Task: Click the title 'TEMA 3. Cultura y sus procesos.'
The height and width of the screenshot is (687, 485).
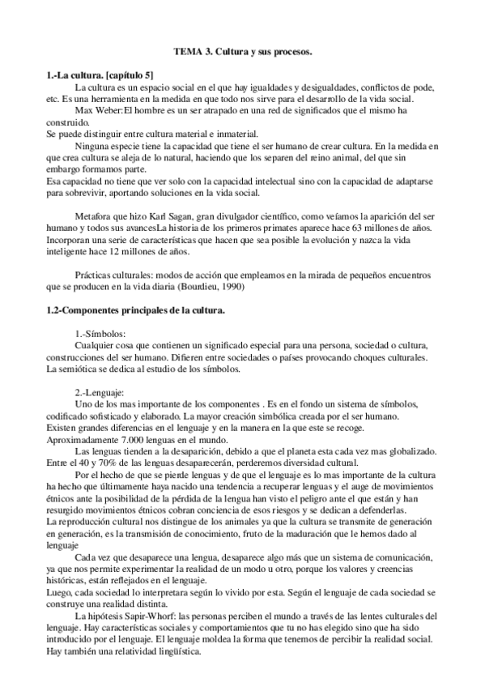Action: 243,52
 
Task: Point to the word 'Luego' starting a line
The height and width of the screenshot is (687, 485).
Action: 60,592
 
